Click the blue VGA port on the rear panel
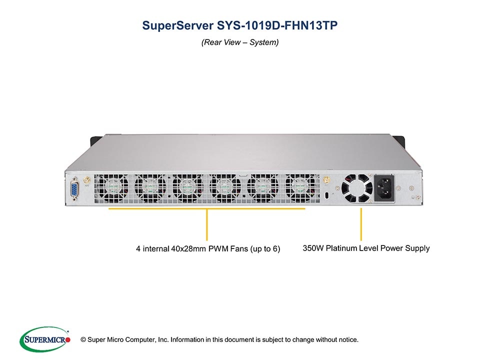74,189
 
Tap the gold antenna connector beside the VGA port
87,180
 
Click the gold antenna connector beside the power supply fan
326,180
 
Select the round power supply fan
356,188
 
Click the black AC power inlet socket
384,187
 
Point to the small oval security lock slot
326,195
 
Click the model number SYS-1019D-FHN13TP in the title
277,25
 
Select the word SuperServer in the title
178,25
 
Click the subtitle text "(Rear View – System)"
240,42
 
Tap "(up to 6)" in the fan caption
265,249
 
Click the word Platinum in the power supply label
339,248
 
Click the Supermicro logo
45,339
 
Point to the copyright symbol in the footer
83,340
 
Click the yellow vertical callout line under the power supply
361,224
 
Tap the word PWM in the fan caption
218,248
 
